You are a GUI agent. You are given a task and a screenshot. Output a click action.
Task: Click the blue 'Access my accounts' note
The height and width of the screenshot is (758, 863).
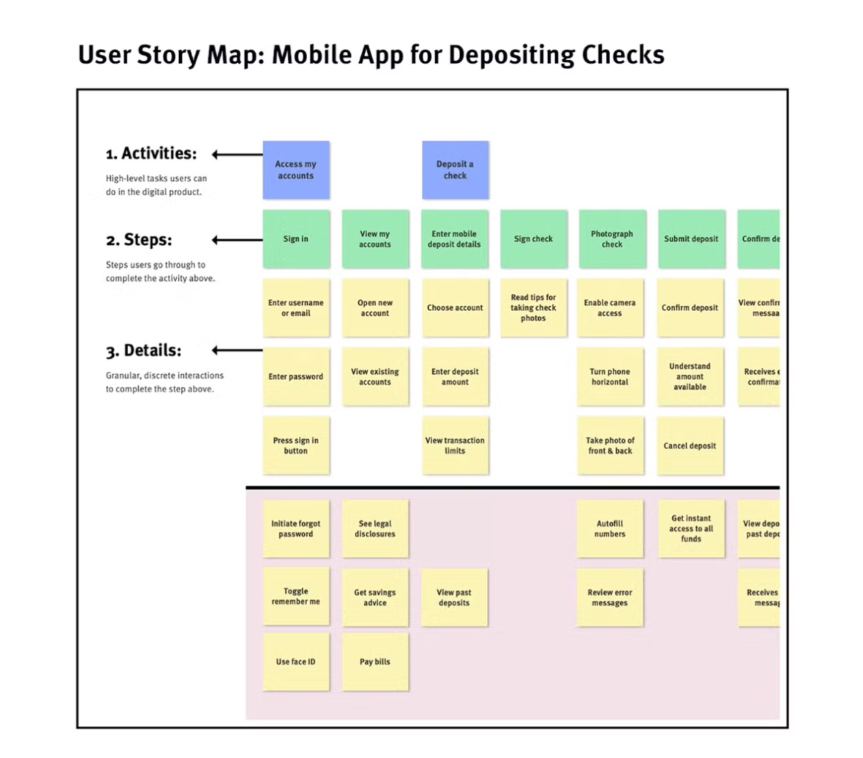pos(295,170)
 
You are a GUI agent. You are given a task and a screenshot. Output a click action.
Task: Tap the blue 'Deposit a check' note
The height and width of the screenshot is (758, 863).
pos(455,170)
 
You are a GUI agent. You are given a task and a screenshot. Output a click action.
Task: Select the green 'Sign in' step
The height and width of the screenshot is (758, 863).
pos(295,239)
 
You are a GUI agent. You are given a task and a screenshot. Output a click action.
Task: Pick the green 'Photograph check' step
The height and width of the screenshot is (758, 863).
pos(611,239)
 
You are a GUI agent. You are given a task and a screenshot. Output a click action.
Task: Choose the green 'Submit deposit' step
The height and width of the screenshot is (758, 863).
pos(691,239)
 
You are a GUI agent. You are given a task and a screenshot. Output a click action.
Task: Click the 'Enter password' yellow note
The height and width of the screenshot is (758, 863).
pos(295,377)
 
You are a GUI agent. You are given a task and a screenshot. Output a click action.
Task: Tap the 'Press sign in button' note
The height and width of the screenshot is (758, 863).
pos(295,446)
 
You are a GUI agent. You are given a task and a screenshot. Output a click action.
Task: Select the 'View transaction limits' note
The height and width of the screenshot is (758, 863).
pos(455,446)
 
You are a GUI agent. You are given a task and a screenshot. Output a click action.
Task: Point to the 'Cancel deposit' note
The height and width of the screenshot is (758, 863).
pos(689,446)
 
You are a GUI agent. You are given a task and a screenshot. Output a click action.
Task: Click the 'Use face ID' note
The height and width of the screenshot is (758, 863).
pos(295,662)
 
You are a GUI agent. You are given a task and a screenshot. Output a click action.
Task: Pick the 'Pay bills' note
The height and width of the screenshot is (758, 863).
pos(375,662)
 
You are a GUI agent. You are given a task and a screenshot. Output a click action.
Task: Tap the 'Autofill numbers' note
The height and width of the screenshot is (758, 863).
pos(609,528)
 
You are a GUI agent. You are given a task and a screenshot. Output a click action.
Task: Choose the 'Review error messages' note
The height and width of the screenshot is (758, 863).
pos(609,597)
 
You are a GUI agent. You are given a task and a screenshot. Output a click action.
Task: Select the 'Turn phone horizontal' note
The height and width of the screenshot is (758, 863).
pos(609,377)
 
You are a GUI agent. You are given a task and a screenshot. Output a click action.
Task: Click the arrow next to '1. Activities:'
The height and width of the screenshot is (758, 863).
pos(237,154)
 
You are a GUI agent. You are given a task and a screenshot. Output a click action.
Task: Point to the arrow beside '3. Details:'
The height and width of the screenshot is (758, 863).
pos(237,351)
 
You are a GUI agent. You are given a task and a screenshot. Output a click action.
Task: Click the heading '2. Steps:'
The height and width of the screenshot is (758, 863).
pos(139,240)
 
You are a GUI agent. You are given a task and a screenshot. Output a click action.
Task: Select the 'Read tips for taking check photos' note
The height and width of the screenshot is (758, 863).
pos(533,308)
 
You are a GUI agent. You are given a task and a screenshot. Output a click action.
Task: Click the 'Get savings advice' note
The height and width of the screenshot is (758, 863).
pos(375,597)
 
